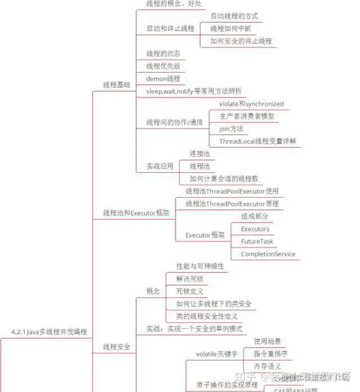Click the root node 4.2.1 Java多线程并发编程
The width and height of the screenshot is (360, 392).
coord(49,332)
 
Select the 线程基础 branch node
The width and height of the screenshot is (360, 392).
coord(116,84)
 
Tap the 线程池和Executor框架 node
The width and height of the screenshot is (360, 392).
coord(136,213)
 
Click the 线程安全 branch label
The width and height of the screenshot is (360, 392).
coord(116,347)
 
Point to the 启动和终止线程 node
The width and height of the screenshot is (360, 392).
coord(170,28)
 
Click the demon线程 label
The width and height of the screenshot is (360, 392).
coord(163,78)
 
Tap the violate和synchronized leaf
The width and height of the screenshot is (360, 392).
coord(251,104)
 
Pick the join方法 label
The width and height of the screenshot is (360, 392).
coord(231,129)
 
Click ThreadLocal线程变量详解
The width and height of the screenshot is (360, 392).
coord(258,141)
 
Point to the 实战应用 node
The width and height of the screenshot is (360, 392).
coord(160,166)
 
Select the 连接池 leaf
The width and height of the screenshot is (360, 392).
coord(200,153)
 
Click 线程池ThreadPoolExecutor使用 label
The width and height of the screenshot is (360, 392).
coord(232,191)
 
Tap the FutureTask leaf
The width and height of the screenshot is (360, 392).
coord(257,242)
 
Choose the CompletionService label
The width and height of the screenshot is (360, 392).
coord(268,254)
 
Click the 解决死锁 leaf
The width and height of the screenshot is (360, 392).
coord(190,279)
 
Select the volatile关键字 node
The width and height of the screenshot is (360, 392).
coord(216,354)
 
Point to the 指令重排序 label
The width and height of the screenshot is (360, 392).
coord(271,354)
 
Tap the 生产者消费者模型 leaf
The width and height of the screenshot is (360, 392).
coord(247,117)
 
